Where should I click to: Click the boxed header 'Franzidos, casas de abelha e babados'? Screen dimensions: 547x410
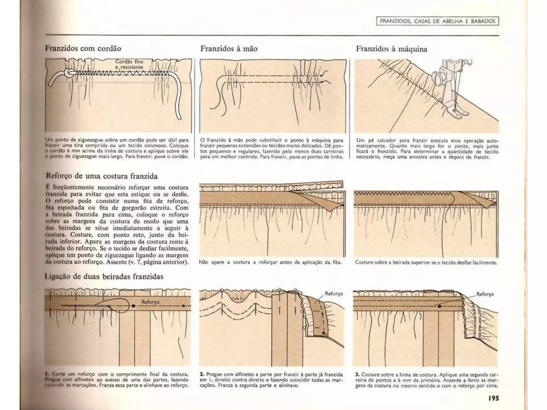[437, 21]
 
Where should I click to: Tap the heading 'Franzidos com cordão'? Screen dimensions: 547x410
[83, 49]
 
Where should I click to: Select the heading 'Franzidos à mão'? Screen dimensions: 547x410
[229, 49]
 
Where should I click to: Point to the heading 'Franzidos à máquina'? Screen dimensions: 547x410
[391, 49]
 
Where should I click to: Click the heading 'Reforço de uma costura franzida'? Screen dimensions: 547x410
[102, 176]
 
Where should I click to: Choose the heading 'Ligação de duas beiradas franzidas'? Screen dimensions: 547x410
[104, 277]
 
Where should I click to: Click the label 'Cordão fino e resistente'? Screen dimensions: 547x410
[129, 64]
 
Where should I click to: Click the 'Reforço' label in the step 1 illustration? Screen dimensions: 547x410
[150, 302]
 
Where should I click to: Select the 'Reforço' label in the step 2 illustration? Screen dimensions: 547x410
[334, 294]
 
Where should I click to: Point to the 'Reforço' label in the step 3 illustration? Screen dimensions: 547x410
[485, 294]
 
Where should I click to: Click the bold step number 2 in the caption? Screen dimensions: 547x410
[202, 374]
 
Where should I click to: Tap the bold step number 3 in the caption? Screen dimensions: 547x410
[357, 374]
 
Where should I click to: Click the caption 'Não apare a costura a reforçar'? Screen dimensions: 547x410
[270, 262]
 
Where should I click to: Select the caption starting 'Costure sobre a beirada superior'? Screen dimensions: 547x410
[426, 263]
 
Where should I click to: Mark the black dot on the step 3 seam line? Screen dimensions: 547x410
[439, 306]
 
